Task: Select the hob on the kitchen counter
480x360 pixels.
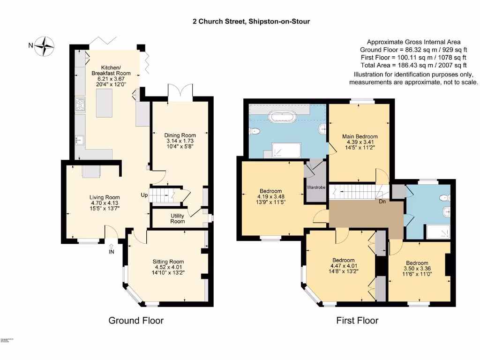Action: coord(80,105)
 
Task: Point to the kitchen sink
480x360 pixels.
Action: coord(80,139)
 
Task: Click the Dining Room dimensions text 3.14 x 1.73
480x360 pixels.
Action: coord(180,141)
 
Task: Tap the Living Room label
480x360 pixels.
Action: coord(105,197)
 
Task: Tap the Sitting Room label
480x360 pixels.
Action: coord(168,262)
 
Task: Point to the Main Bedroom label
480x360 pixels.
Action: coord(359,136)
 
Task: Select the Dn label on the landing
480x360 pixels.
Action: coord(382,202)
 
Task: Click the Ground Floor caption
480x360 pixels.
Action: coord(136,321)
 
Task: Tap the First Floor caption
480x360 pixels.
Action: coord(357,321)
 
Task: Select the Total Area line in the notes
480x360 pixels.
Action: coord(413,65)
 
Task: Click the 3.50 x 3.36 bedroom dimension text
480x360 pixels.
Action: coord(417,270)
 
